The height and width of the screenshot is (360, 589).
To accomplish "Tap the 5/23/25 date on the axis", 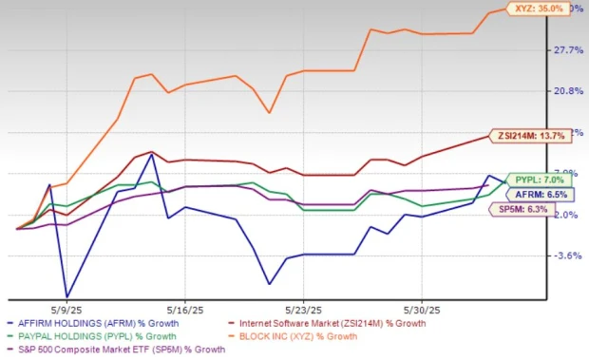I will (302, 310).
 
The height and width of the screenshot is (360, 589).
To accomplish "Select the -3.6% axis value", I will (569, 256).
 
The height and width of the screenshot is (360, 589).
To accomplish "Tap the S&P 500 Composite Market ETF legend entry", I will (115, 350).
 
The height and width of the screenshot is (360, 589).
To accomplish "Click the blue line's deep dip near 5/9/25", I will (66, 296).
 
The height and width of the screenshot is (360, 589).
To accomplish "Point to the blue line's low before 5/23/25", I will (270, 283).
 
